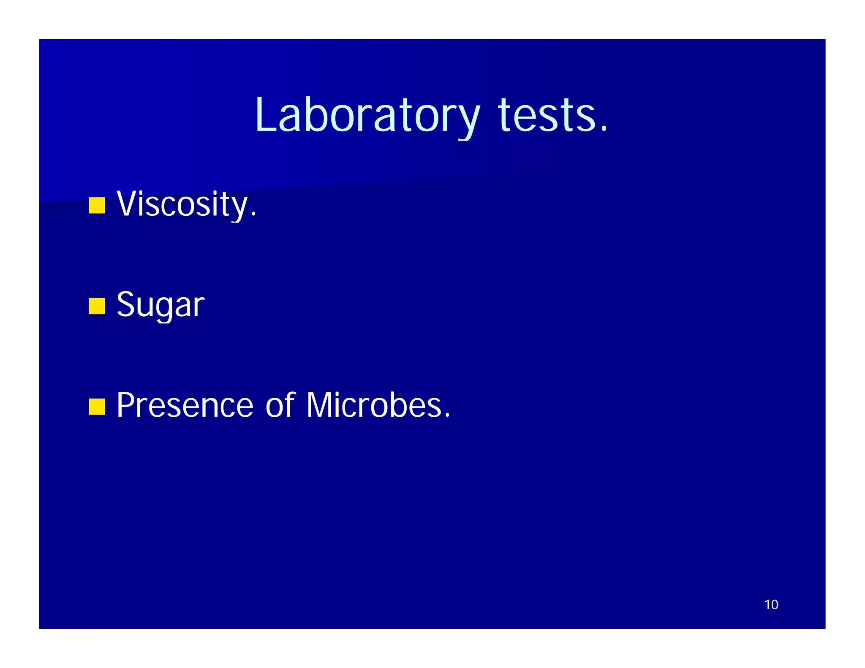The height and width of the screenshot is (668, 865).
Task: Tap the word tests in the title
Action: pos(547,115)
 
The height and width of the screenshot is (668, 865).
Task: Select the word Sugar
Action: pos(160,305)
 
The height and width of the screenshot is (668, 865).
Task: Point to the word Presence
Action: pos(185,405)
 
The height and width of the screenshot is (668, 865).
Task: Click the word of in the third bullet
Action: pos(280,405)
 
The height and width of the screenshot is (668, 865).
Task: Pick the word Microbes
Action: pos(373,405)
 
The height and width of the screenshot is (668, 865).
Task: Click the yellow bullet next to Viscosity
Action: pos(97,206)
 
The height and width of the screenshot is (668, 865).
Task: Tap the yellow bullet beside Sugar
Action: pos(97,306)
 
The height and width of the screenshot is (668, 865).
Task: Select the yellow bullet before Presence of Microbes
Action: pos(97,407)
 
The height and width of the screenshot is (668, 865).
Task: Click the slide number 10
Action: pos(771,605)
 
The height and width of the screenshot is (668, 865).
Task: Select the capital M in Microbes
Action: pos(320,405)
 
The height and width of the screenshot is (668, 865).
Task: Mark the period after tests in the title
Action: pos(604,128)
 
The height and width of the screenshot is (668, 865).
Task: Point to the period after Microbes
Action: pos(447,416)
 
